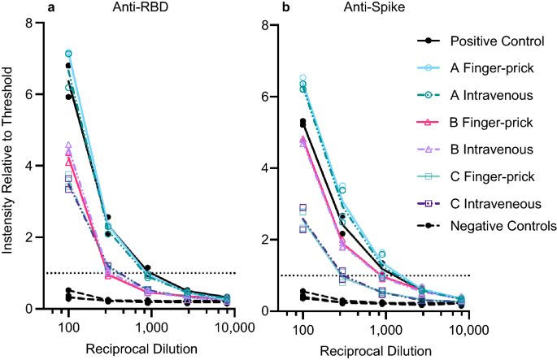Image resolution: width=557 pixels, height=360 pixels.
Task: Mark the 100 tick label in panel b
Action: (x=302, y=331)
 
